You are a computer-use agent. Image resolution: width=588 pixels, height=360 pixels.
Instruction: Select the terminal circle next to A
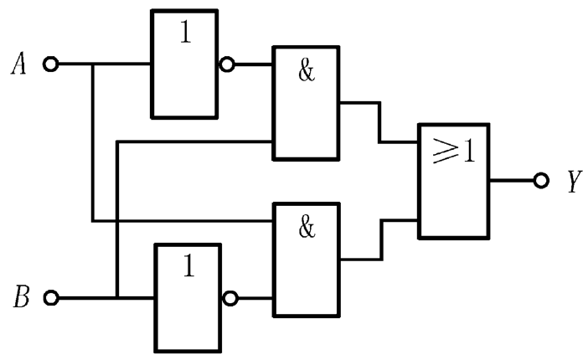[51, 64]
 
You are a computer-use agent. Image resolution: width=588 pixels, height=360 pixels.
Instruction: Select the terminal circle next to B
[51, 297]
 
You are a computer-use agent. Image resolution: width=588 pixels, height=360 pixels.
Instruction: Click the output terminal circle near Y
[541, 180]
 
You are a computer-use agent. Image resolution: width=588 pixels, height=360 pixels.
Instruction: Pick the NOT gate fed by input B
[187, 296]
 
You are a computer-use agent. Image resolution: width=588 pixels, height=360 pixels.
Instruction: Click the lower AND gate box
[307, 260]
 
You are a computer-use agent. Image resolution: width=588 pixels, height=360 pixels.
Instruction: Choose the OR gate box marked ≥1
[454, 180]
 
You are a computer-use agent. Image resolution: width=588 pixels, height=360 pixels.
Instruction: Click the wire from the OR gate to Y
[512, 180]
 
